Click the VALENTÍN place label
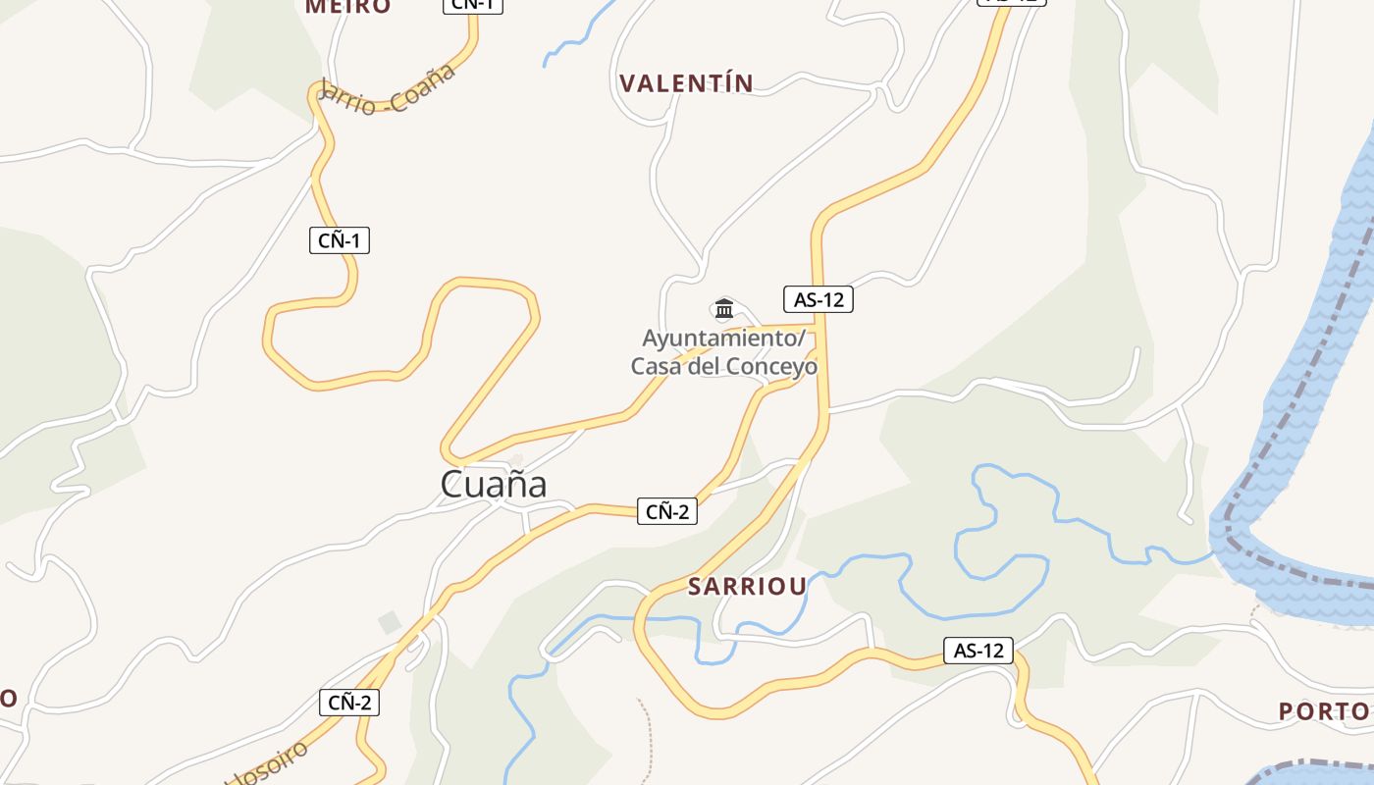(x=686, y=83)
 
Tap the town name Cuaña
(x=493, y=484)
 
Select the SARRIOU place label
(x=747, y=587)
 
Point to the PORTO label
(x=1324, y=710)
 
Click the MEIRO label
(x=347, y=7)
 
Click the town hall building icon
(x=724, y=309)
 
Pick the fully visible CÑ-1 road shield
(x=340, y=240)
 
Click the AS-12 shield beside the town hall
(x=819, y=299)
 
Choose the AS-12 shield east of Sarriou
(x=978, y=650)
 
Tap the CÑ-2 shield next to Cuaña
(x=667, y=511)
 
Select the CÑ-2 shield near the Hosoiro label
(x=349, y=703)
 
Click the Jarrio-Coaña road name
(x=389, y=90)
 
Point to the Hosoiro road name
(x=267, y=766)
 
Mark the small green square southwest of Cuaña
(x=390, y=622)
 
